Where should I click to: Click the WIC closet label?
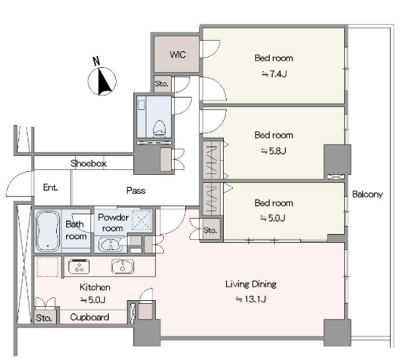click(178, 55)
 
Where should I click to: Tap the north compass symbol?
click(101, 79)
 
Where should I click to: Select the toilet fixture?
click(159, 128)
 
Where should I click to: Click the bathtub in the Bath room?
click(48, 231)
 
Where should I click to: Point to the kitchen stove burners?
click(79, 266)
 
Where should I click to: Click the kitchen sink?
click(122, 266)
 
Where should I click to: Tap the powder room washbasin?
click(111, 245)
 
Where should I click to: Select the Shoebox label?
click(89, 163)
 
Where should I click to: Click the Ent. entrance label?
click(50, 187)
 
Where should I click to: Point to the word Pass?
click(135, 191)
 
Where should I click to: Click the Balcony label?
click(367, 194)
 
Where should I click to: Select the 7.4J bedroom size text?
click(274, 74)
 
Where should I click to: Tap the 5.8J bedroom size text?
click(274, 150)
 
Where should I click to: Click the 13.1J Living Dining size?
click(251, 300)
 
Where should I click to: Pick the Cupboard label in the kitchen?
click(89, 318)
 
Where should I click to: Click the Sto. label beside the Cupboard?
click(43, 318)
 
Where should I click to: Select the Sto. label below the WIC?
click(161, 84)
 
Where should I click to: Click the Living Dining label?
click(251, 284)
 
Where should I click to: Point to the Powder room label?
click(113, 222)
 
